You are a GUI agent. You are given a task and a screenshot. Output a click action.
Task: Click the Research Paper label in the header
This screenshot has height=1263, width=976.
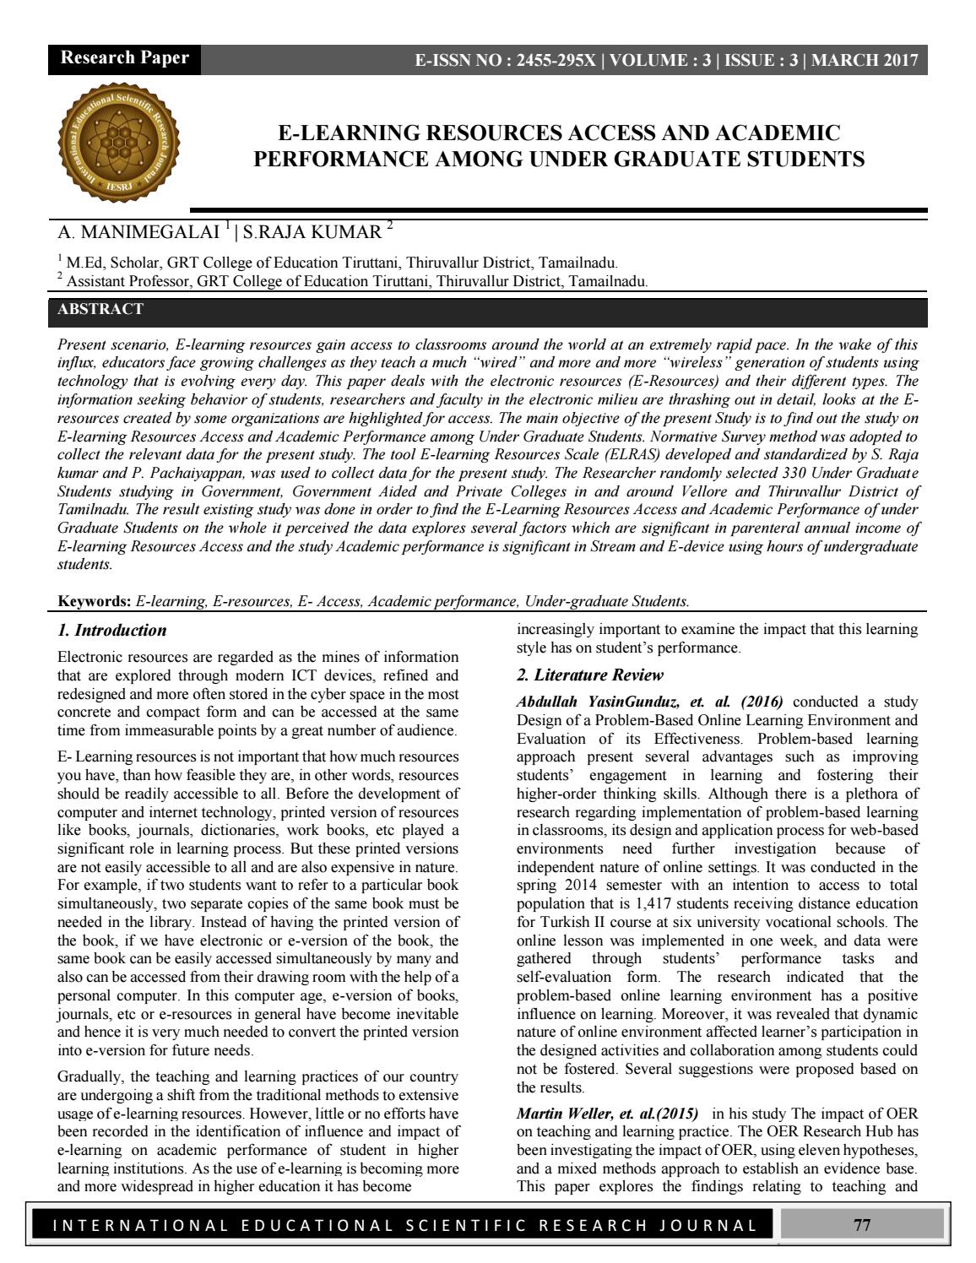pyautogui.click(x=124, y=58)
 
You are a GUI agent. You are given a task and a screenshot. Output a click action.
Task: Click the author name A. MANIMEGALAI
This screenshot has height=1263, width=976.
pyautogui.click(x=139, y=232)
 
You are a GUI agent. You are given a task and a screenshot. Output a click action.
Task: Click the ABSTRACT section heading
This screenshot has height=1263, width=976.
pyautogui.click(x=100, y=309)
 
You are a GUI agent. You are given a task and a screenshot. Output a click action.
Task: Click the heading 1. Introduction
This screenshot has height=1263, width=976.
pyautogui.click(x=111, y=630)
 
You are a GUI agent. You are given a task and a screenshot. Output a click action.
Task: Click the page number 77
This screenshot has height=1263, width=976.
pyautogui.click(x=861, y=1225)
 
